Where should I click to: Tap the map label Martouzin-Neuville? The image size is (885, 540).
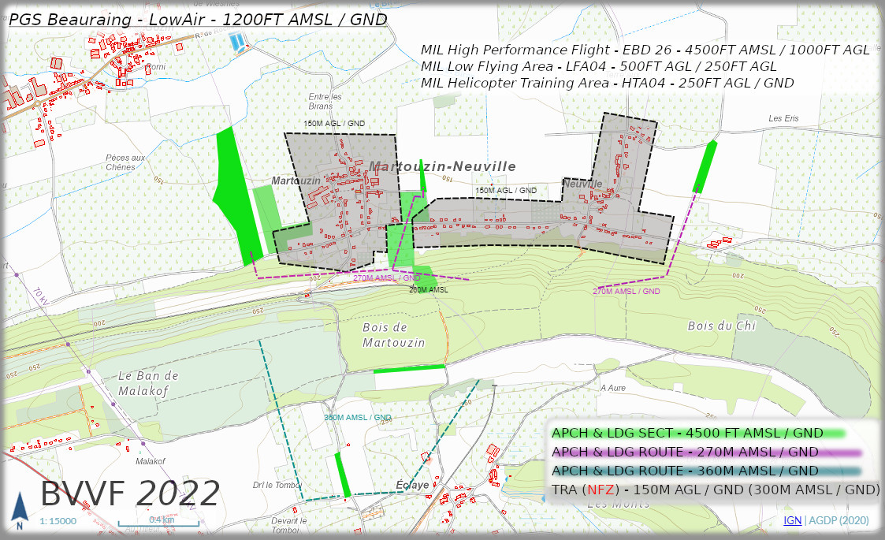[x=442, y=166]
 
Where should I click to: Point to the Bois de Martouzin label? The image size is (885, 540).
[x=393, y=335]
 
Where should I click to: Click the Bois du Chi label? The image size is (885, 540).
[x=721, y=326]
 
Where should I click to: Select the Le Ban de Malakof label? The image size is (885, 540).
[x=149, y=382]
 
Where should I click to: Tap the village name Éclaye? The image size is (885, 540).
[x=412, y=485]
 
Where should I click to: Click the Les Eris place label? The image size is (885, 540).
[x=783, y=118]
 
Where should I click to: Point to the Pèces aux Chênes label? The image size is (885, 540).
[x=125, y=162]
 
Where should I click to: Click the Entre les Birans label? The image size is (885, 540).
[x=325, y=102]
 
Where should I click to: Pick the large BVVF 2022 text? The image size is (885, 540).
[x=130, y=494]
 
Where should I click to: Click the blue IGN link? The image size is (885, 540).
[x=792, y=520]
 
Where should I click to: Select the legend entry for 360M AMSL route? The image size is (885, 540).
[x=685, y=471]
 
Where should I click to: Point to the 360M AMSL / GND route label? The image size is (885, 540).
[x=357, y=418]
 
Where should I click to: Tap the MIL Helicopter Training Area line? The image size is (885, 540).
[x=607, y=83]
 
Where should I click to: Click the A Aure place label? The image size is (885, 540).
[x=612, y=388]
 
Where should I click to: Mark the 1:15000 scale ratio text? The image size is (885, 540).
[x=58, y=521]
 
